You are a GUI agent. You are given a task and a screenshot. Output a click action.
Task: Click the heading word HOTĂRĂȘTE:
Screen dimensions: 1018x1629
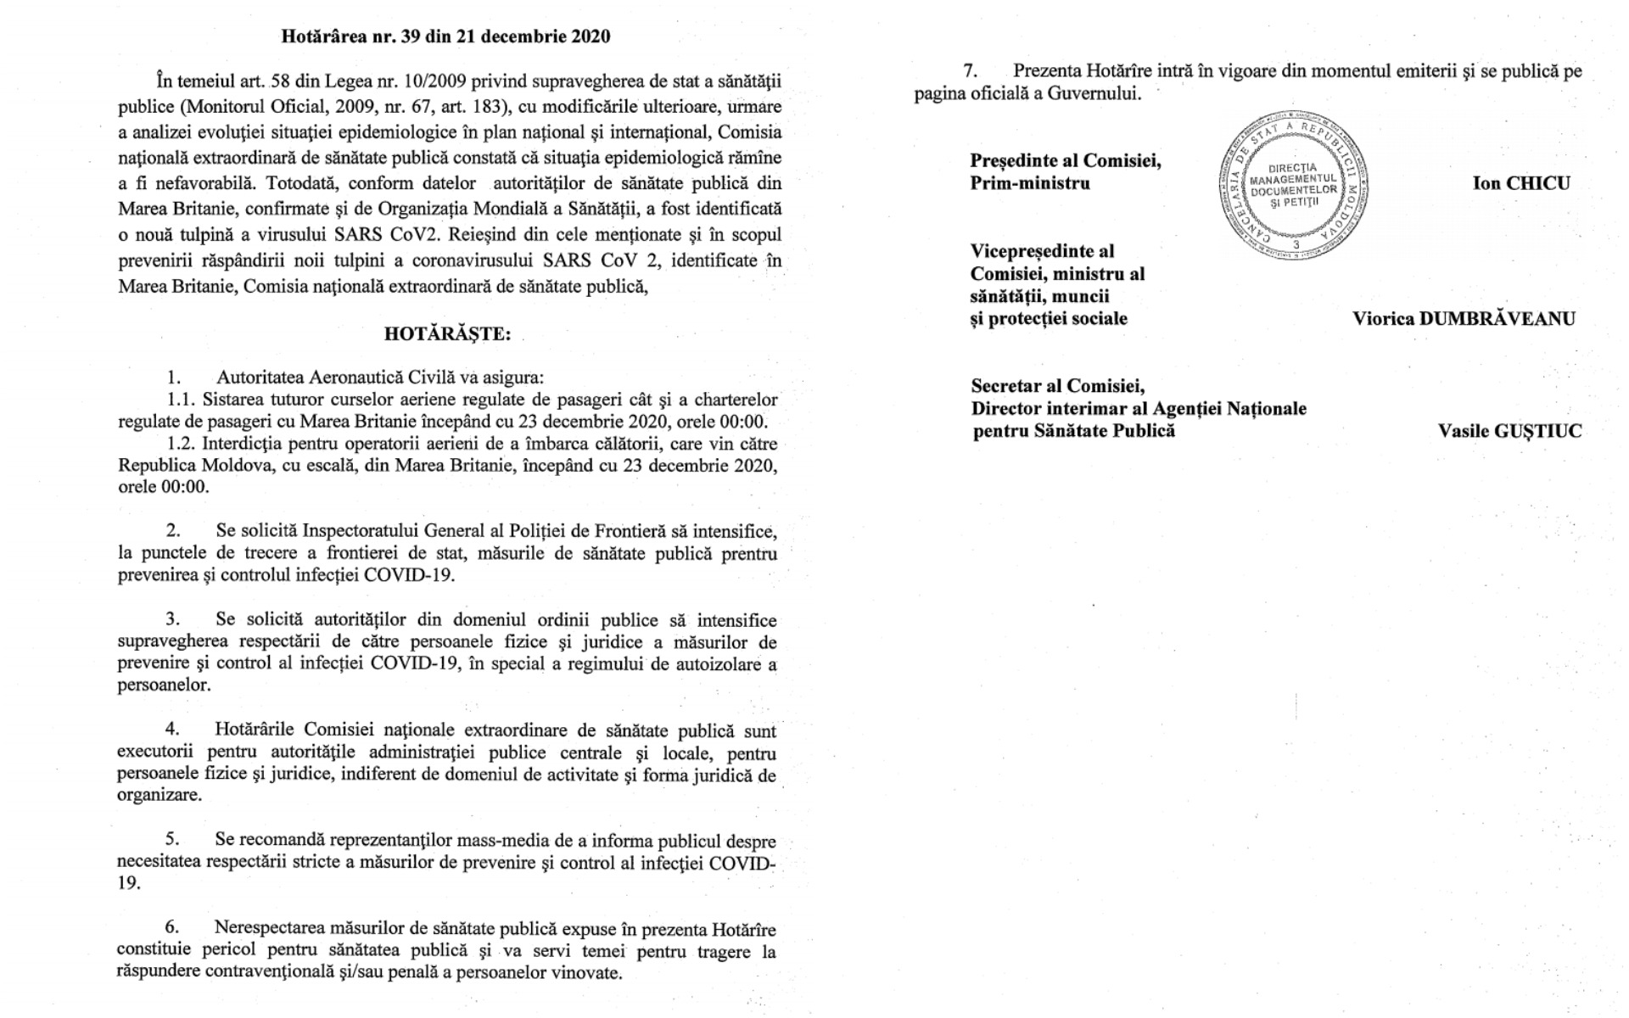[x=447, y=334]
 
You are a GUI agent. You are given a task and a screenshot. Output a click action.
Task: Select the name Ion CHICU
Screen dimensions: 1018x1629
[x=1521, y=183]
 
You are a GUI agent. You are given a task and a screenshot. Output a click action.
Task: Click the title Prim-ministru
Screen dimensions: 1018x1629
[x=1030, y=183]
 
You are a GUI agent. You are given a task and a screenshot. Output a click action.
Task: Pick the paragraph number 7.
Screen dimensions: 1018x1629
[x=970, y=71]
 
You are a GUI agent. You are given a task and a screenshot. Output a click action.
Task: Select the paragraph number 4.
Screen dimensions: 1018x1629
[x=172, y=730]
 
